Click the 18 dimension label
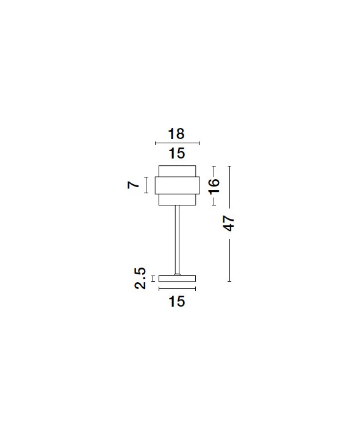(176, 134)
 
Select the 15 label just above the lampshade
(177, 154)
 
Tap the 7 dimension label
(133, 185)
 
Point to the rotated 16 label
(214, 186)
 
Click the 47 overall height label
(229, 223)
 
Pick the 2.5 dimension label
(140, 278)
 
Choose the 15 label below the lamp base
(177, 301)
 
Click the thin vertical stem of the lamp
(177, 240)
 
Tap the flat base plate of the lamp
(177, 278)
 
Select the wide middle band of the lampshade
(177, 185)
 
